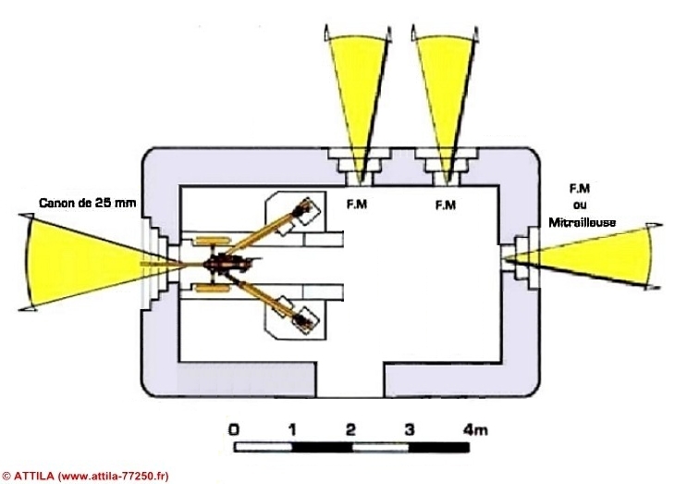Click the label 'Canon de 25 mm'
[x=88, y=203]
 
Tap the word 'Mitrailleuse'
[x=582, y=222]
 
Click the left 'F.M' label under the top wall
[x=357, y=204]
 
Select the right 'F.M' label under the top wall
[x=446, y=205]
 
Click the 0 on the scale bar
[x=234, y=429]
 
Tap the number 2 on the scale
[x=350, y=429]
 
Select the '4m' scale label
[x=475, y=429]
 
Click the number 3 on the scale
[x=410, y=429]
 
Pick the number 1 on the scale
[x=292, y=429]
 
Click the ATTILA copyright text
[x=85, y=476]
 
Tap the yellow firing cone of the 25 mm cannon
[x=78, y=262]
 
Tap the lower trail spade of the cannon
[x=305, y=319]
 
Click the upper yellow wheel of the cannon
[x=208, y=241]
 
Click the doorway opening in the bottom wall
[x=350, y=379]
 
